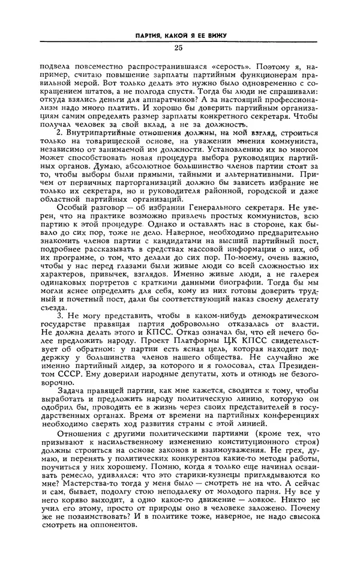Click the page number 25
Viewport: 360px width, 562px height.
(x=178, y=48)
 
